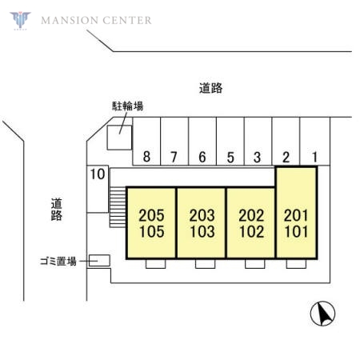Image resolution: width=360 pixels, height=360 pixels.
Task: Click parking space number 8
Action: pyautogui.click(x=146, y=142)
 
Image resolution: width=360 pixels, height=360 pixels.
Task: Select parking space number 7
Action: pyautogui.click(x=174, y=142)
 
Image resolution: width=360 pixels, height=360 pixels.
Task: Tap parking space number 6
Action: pyautogui.click(x=202, y=142)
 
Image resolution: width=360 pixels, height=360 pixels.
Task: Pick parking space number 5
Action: pyautogui.click(x=230, y=142)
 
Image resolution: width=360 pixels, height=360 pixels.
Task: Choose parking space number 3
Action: pyautogui.click(x=258, y=142)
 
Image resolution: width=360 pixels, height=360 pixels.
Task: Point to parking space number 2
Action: pyautogui.click(x=286, y=142)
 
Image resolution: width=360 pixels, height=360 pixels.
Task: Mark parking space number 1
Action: pyautogui.click(x=315, y=142)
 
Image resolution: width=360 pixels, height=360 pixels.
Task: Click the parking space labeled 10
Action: pyautogui.click(x=98, y=189)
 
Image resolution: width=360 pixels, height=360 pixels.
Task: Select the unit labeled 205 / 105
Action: pyautogui.click(x=151, y=223)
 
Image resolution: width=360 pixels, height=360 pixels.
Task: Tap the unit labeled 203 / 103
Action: pyautogui.click(x=202, y=223)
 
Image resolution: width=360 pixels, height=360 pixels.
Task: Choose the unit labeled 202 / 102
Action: pyautogui.click(x=251, y=223)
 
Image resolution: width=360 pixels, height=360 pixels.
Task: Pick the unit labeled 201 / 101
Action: pyautogui.click(x=296, y=213)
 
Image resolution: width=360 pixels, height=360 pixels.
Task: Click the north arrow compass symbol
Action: pyautogui.click(x=322, y=314)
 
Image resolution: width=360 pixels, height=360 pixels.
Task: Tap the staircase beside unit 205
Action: pyautogui.click(x=118, y=207)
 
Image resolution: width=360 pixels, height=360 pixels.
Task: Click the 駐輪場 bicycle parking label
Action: pyautogui.click(x=127, y=106)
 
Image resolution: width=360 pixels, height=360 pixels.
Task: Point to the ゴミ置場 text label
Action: pyautogui.click(x=58, y=261)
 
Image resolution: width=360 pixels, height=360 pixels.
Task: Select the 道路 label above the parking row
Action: pyautogui.click(x=210, y=88)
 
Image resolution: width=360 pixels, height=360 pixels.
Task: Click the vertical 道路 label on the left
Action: pyautogui.click(x=57, y=210)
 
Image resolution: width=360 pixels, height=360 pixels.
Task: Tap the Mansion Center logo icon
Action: pyautogui.click(x=20, y=20)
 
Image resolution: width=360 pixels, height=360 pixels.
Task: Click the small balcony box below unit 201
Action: pyautogui.click(x=296, y=264)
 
